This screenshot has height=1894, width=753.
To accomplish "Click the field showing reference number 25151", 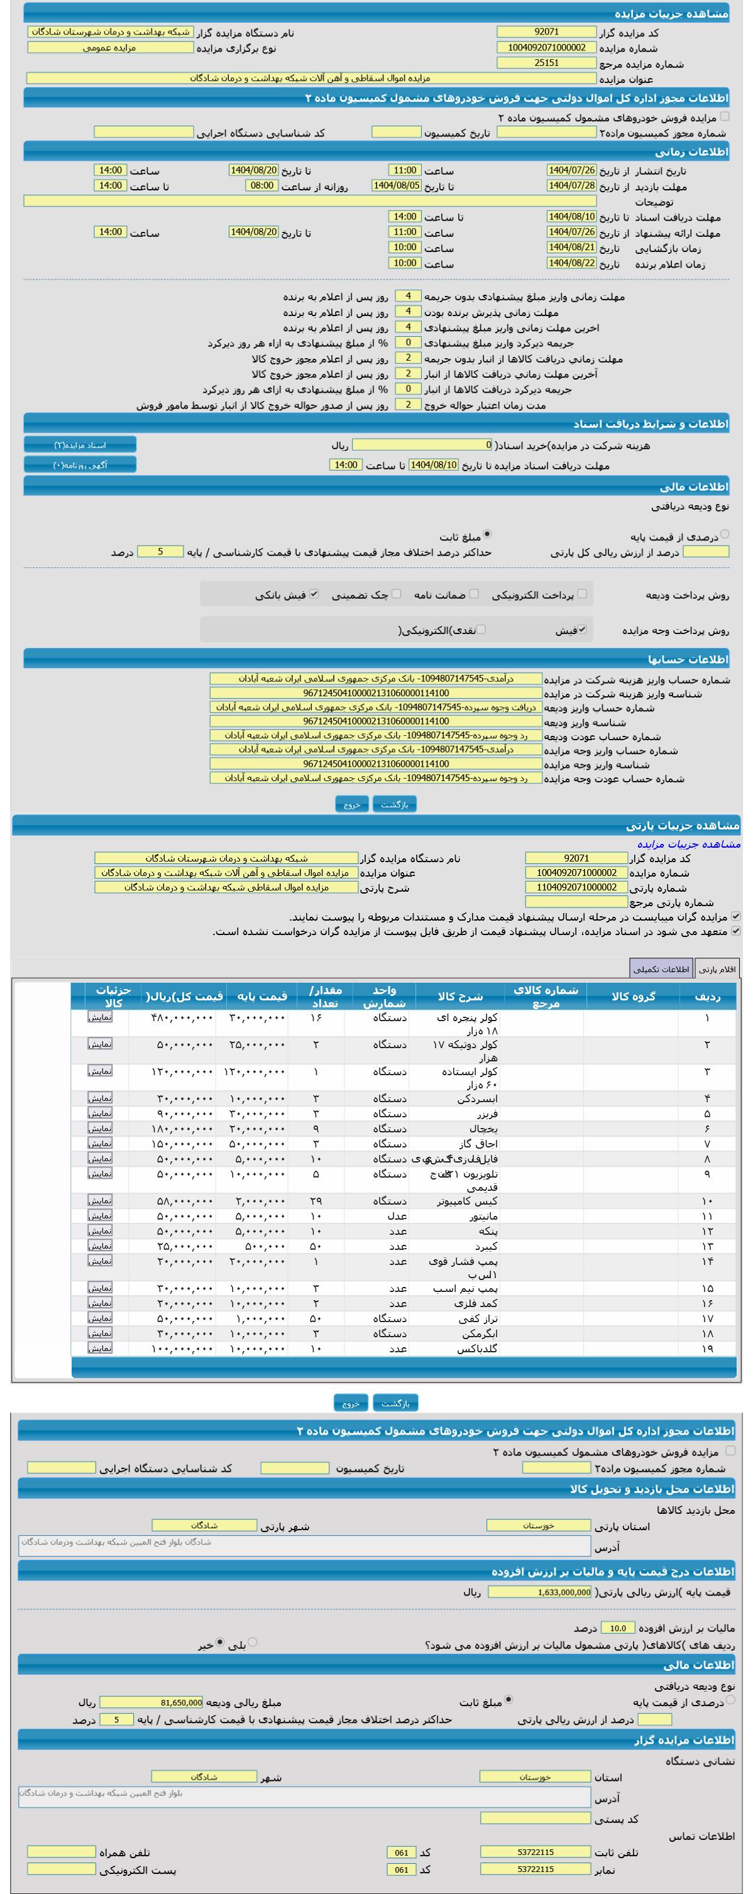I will tap(546, 63).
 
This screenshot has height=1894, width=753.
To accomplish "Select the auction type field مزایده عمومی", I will tap(109, 48).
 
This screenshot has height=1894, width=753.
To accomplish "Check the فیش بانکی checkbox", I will tap(314, 594).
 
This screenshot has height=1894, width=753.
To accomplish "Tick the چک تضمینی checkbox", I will tap(397, 594).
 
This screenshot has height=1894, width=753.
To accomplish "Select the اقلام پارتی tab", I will tap(717, 969).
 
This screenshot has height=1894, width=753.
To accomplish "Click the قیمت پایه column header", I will tap(261, 996).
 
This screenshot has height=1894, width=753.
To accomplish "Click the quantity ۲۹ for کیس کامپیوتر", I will tap(316, 1201).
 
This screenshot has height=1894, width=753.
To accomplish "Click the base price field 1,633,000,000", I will tap(539, 1592).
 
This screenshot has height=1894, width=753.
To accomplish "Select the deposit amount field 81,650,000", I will tap(151, 1702).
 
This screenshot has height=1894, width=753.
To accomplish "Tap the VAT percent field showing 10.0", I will tap(618, 1628).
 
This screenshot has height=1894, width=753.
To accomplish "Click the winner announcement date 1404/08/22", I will tap(571, 263).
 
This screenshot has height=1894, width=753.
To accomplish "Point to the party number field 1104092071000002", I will tap(576, 887).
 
